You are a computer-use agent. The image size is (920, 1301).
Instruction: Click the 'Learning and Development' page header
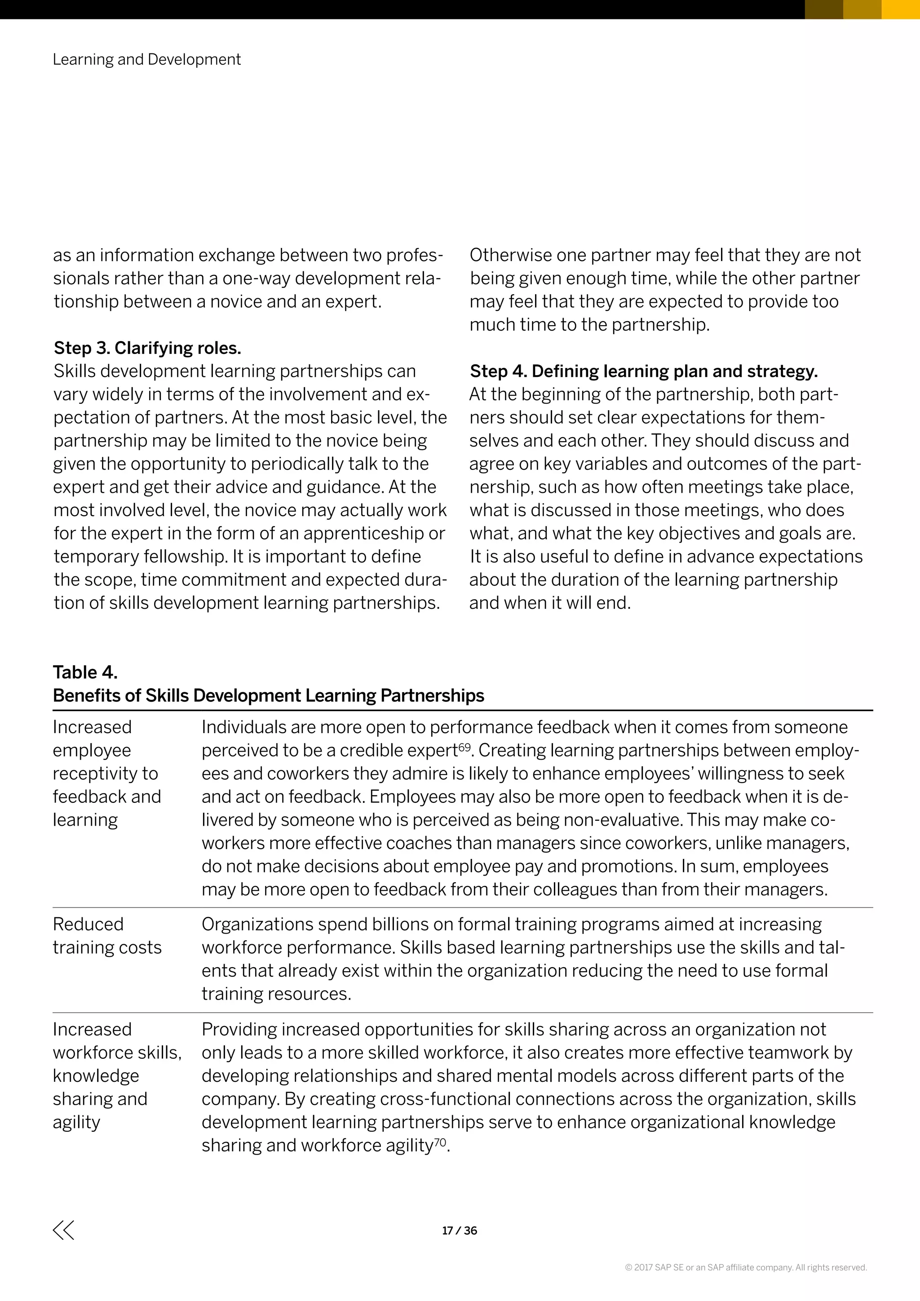tap(147, 59)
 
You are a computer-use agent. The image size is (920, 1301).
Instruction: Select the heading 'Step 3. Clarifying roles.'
tap(147, 348)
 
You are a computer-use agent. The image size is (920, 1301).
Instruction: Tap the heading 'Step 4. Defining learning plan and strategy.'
tap(644, 371)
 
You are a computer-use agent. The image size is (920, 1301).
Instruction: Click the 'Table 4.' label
tap(85, 672)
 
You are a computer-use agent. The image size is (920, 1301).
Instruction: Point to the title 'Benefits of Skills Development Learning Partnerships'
tap(269, 695)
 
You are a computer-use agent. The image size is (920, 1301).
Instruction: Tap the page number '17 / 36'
tap(460, 1230)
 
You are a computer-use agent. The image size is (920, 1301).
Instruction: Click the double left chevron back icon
tap(63, 1230)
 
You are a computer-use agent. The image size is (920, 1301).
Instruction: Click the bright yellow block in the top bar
tap(901, 9)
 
